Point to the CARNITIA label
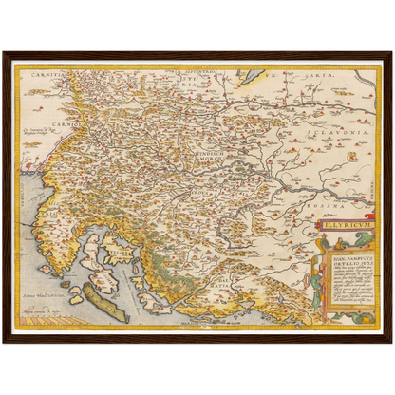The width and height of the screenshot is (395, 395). pyautogui.click(x=47, y=73)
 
